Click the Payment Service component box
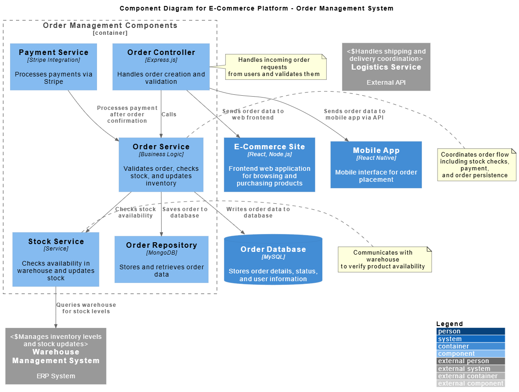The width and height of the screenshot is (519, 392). tap(54, 67)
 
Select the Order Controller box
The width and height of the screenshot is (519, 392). tap(161, 67)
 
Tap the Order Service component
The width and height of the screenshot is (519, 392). tap(161, 164)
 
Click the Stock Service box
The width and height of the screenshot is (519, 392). tap(56, 259)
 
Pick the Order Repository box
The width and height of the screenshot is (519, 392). tap(162, 259)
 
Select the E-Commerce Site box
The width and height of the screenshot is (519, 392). tap(270, 164)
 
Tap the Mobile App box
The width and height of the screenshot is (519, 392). tap(376, 164)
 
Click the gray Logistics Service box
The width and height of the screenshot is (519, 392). tap(386, 67)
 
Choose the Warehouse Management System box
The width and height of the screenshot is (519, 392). tap(56, 356)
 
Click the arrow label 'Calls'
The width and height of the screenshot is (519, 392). tap(169, 114)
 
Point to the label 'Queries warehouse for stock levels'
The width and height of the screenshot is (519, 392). tap(86, 308)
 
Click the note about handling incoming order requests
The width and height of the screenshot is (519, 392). tap(276, 67)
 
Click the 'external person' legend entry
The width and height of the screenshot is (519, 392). tap(470, 361)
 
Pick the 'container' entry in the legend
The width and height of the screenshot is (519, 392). tap(470, 346)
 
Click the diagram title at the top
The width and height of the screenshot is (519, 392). tap(256, 8)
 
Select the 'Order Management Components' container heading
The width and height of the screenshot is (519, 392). tap(110, 26)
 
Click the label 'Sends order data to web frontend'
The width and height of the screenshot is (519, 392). tap(253, 114)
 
